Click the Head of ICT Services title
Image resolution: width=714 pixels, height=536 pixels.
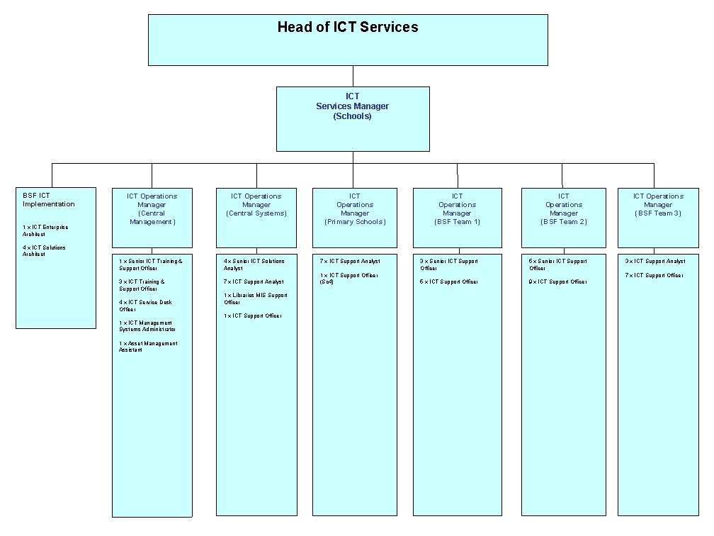[348, 28]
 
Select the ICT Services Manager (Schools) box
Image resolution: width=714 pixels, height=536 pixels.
[353, 118]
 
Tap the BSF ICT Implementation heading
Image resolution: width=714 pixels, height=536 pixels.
[48, 200]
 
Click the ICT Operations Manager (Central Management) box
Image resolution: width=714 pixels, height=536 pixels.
[152, 208]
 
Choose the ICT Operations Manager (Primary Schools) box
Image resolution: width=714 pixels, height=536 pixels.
[355, 208]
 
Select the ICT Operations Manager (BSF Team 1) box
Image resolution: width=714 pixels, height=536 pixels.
[457, 208]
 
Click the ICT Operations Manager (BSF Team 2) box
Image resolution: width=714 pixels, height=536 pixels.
[564, 208]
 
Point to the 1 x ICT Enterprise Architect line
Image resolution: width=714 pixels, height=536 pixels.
[45, 230]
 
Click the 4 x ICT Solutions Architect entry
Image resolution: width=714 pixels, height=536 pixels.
[44, 250]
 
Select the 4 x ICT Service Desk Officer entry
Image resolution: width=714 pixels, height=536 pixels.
[145, 306]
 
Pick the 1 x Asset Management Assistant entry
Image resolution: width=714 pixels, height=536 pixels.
[148, 347]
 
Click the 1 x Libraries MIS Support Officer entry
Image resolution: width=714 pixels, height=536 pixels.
[256, 298]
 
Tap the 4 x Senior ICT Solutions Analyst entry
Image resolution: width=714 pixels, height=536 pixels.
[254, 264]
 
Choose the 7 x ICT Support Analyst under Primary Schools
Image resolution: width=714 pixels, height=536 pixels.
[350, 262]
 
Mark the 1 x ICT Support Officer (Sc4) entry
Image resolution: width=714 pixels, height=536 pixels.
[349, 278]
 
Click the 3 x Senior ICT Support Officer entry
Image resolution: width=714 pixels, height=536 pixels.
[448, 264]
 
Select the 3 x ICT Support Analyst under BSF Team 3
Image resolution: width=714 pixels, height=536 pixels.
[655, 262]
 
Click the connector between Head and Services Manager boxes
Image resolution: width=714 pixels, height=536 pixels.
[353, 76]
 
